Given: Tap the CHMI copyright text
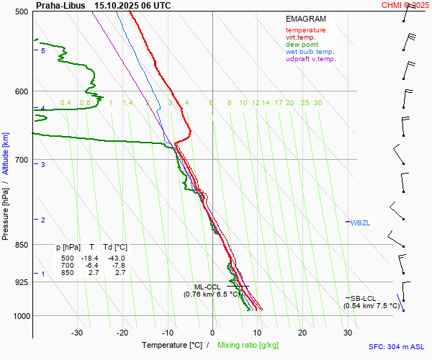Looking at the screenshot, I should coord(407,5).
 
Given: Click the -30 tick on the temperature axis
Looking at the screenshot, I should coord(77,333).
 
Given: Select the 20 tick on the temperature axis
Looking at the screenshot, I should coord(302,333).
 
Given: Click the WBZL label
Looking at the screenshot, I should coord(361,222).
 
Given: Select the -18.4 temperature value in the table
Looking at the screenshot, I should coord(90,258).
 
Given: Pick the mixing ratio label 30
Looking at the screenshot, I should coord(318,103).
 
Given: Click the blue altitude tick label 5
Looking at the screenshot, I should coord(43,51).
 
